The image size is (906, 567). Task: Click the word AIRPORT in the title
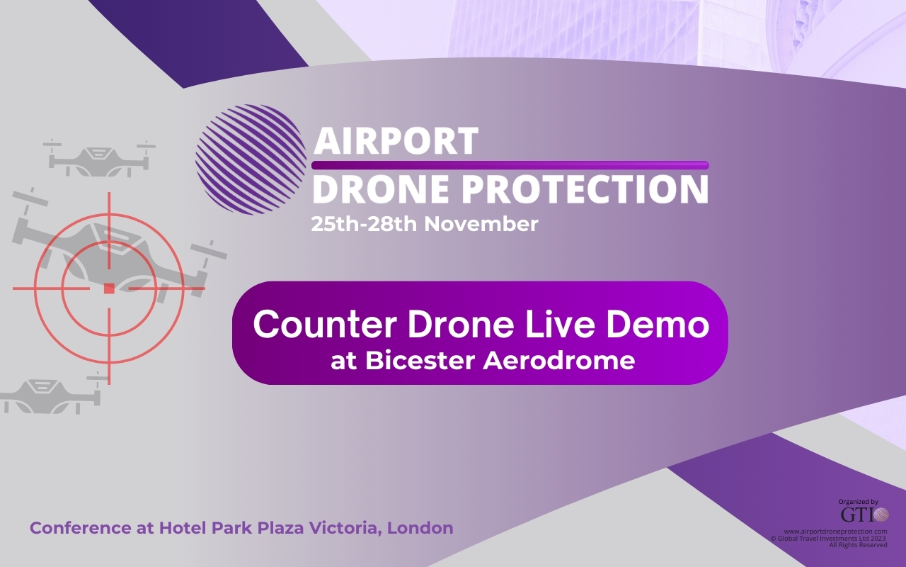tap(396, 140)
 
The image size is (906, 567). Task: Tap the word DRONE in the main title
tap(381, 189)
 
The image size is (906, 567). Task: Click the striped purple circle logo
tap(251, 159)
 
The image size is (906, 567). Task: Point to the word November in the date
tap(481, 224)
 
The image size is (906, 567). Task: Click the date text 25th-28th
tap(364, 224)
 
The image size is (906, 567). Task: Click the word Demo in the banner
tap(658, 324)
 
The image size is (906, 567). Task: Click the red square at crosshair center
tap(109, 288)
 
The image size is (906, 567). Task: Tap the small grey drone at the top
tap(99, 159)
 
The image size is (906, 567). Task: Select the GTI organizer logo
tap(865, 515)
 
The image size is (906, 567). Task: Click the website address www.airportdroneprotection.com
tap(835, 532)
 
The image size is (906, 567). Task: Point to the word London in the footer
tap(420, 528)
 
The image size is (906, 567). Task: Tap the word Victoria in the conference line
tap(346, 528)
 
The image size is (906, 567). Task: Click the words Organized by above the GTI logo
tap(859, 502)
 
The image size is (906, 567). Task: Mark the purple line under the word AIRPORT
tap(510, 165)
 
